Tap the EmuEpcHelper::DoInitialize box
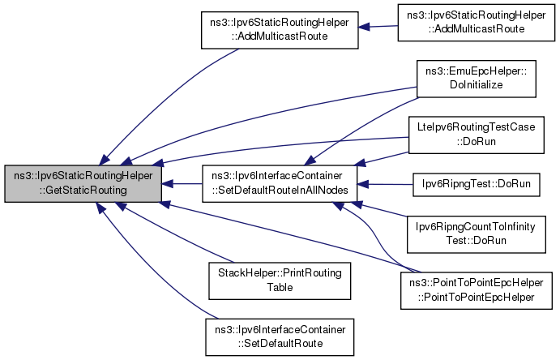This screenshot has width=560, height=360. point(477,79)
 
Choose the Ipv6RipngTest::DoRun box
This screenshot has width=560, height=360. point(477,184)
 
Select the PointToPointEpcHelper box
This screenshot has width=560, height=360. point(477,289)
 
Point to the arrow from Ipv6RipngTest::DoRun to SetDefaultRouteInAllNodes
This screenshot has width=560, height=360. point(386,184)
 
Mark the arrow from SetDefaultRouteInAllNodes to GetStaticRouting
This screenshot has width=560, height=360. point(182,184)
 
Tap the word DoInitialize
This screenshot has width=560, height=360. point(477,85)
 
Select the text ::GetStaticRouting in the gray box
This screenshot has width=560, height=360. point(82,191)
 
